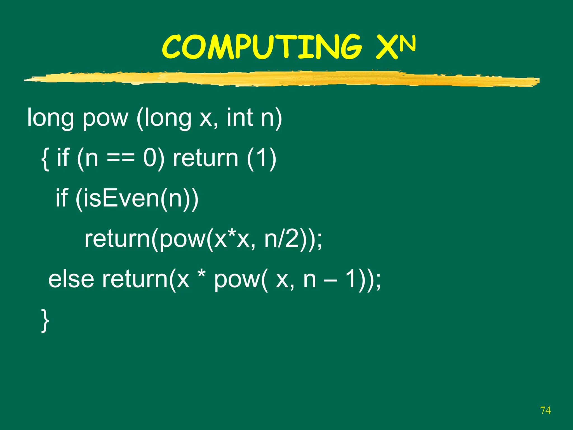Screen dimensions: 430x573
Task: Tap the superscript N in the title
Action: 407,44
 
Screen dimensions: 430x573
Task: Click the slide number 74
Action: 545,410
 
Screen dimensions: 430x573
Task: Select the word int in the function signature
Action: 240,118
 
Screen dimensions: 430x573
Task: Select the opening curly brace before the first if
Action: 45,159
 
